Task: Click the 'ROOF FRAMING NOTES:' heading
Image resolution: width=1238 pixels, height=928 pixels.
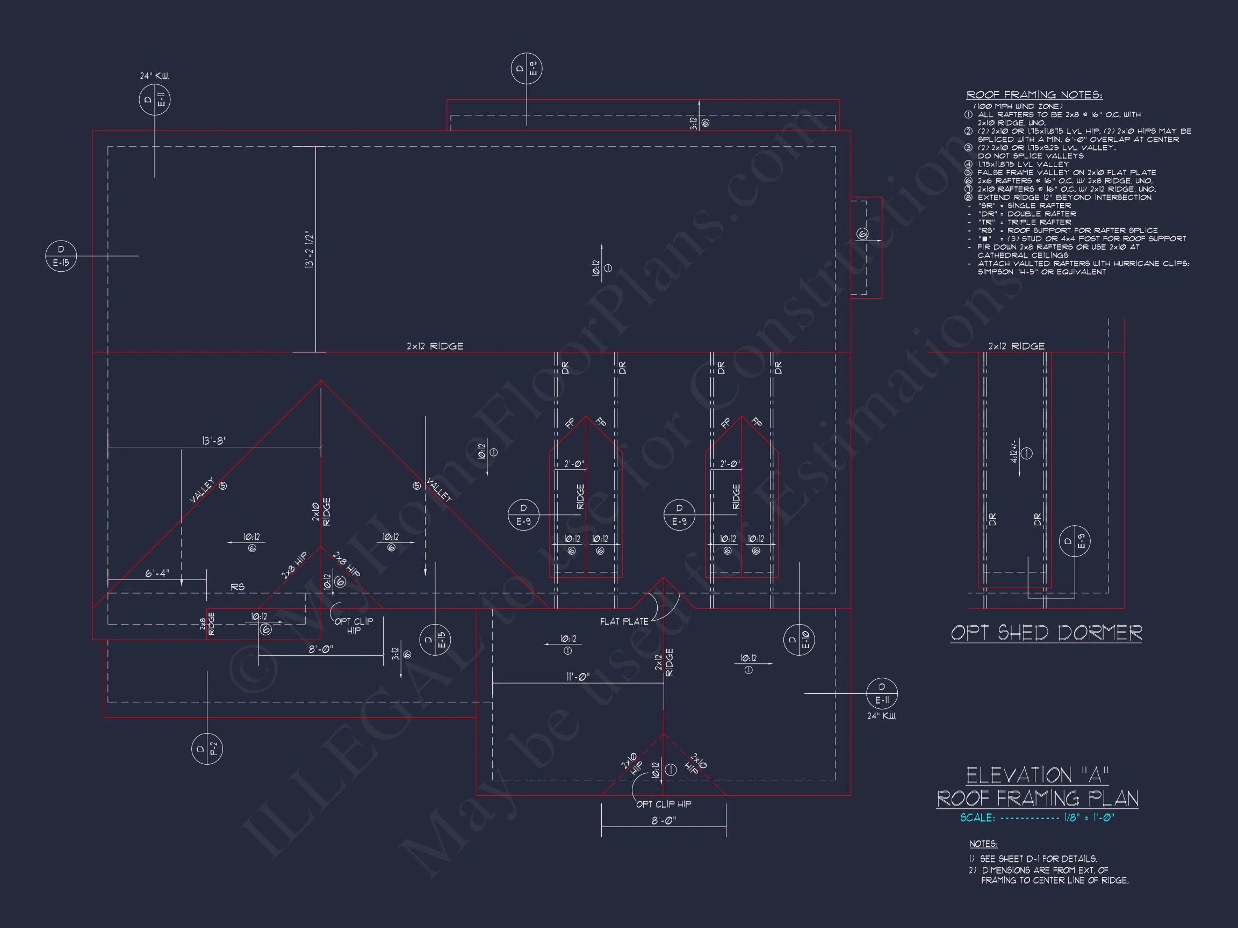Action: [x=1034, y=95]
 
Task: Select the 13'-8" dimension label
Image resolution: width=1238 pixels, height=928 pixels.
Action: [x=214, y=441]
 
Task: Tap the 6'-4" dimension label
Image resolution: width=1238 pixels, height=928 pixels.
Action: [x=157, y=574]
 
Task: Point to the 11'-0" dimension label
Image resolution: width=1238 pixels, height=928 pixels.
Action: [x=578, y=677]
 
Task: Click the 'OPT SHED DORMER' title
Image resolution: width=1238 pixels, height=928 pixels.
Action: [x=1046, y=633]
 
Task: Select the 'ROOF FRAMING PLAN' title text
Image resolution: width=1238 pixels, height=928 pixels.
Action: [x=1038, y=798]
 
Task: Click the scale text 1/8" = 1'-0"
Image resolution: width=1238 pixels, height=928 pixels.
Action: [x=1089, y=818]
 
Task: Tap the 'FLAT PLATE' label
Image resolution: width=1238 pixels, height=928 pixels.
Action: [x=624, y=621]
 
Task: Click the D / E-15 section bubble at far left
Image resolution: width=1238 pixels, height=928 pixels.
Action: [x=61, y=256]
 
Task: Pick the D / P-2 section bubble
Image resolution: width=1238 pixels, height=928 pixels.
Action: [x=207, y=749]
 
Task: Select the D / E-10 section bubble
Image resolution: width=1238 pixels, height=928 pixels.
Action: [x=799, y=640]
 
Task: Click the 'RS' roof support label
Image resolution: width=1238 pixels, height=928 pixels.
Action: [x=238, y=588]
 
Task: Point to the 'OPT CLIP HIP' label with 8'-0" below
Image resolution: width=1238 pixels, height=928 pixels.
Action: [x=664, y=804]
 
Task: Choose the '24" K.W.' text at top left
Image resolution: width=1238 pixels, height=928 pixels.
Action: [x=154, y=76]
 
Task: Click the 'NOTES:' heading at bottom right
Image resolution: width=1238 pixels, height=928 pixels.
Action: [x=983, y=844]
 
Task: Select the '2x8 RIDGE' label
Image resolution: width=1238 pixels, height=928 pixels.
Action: [x=207, y=624]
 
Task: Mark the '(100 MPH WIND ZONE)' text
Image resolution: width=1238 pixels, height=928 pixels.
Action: [x=1018, y=106]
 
